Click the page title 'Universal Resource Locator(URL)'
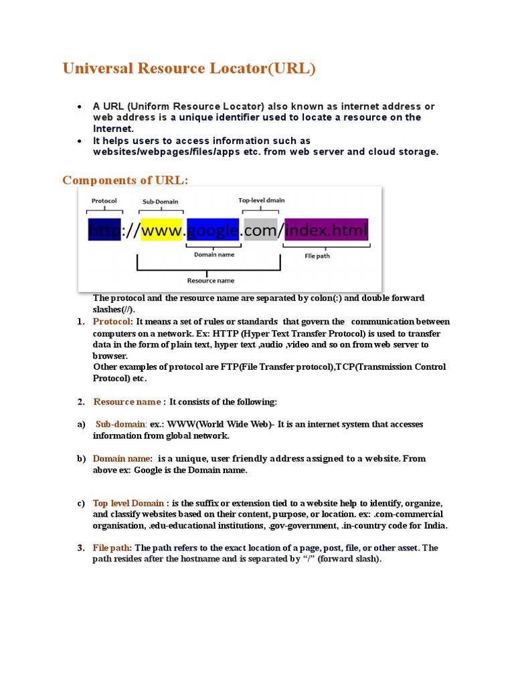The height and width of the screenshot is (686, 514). [x=188, y=68]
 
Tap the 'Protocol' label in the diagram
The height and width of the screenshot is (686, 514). [x=104, y=200]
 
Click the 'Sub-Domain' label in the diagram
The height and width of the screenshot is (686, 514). [x=161, y=201]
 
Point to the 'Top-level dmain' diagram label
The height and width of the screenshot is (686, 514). [x=262, y=200]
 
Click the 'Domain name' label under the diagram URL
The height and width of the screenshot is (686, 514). [x=214, y=254]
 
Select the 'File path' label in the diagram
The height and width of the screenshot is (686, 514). [x=317, y=255]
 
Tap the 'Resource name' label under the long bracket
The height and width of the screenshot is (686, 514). [x=210, y=280]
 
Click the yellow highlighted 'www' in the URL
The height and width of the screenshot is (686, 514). [x=161, y=231]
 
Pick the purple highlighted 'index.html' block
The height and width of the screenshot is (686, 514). [x=326, y=231]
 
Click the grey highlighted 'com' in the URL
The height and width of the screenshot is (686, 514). [x=260, y=231]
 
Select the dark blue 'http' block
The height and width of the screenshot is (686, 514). [x=104, y=231]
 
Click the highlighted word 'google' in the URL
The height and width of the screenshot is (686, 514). [x=213, y=231]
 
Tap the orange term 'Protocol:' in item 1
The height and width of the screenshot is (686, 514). [x=113, y=322]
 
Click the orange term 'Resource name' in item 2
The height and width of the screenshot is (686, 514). [x=127, y=401]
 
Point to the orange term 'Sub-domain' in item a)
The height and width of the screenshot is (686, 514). [x=121, y=424]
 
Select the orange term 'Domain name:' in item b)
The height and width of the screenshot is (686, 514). [x=122, y=458]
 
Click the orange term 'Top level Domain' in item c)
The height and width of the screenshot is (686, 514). [x=128, y=503]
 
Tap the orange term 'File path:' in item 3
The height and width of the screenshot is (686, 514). [x=112, y=547]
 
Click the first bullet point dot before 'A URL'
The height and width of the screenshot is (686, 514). [x=80, y=107]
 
